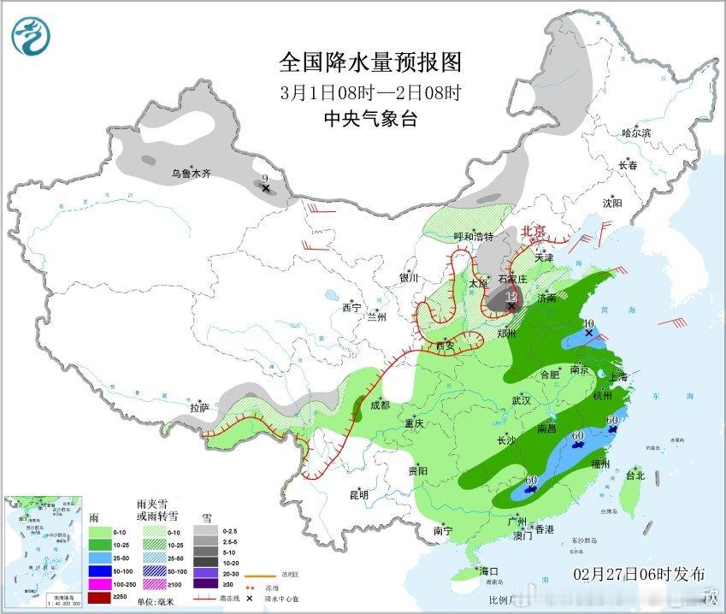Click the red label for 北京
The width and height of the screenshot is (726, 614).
(x=534, y=231)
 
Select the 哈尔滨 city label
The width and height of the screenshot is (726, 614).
(x=636, y=133)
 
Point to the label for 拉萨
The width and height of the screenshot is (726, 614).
(x=199, y=408)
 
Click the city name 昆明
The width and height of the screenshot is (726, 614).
(x=358, y=494)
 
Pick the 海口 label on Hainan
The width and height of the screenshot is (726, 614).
(x=488, y=570)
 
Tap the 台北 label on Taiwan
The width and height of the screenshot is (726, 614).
(x=635, y=475)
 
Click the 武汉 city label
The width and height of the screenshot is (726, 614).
(x=521, y=400)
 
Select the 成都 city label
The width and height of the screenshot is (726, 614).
(x=379, y=404)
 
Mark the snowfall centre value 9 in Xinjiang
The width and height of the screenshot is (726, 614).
(x=265, y=178)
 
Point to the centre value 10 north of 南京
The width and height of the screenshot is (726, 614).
(x=588, y=324)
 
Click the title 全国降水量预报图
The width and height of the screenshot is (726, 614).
(x=369, y=62)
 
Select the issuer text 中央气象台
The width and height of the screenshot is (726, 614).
(x=369, y=120)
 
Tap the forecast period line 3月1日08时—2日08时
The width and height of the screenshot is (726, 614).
(x=369, y=92)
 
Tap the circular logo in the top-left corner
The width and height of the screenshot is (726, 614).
(x=32, y=35)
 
